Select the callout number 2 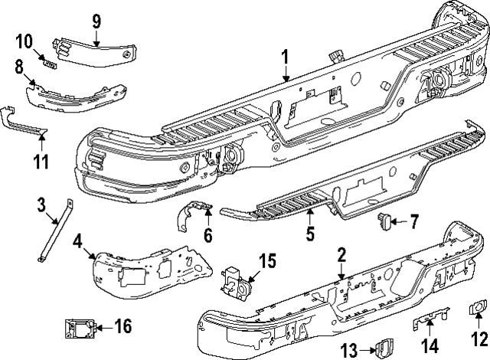[342, 256]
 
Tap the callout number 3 [42, 205]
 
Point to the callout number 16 [122, 327]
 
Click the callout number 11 [41, 162]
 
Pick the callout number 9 [96, 20]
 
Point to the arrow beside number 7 [399, 223]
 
